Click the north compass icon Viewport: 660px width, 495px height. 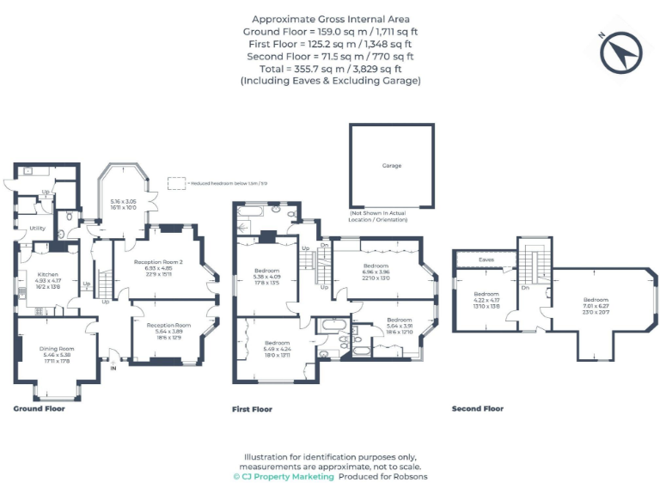tap(621, 54)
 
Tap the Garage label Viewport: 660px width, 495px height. tap(391, 166)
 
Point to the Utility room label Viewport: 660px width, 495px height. tap(37, 228)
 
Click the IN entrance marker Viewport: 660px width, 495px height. tap(113, 368)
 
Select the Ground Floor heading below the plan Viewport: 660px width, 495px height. tap(39, 409)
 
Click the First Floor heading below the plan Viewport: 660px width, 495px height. tap(252, 410)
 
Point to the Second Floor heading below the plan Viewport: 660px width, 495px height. tap(477, 409)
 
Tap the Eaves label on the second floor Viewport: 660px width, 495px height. tap(486, 258)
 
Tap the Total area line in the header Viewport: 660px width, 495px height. tap(330, 68)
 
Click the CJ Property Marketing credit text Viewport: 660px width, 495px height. tap(283, 476)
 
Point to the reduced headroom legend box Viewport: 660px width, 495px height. tap(176, 183)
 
